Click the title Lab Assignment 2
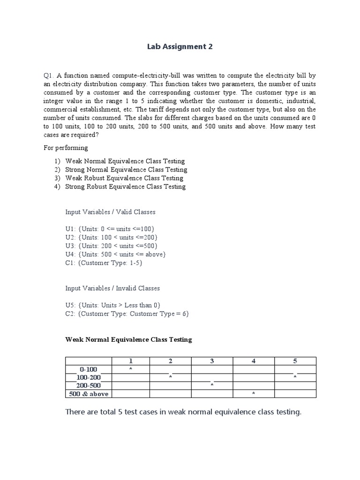(x=180, y=46)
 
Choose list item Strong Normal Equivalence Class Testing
(x=126, y=170)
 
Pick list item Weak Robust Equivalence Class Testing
(x=124, y=178)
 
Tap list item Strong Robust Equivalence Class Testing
(x=125, y=187)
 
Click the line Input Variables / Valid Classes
(x=110, y=212)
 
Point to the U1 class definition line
(x=110, y=229)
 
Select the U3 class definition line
(x=112, y=246)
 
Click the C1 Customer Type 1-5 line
(x=104, y=262)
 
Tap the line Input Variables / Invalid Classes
(x=112, y=288)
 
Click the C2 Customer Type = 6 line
(x=127, y=314)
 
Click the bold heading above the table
(x=128, y=339)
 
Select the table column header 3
(x=212, y=361)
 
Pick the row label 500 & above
(x=89, y=394)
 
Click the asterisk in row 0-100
(x=131, y=369)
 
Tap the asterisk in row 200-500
(x=212, y=385)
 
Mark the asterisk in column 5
(x=295, y=377)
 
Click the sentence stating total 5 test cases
(x=183, y=412)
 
